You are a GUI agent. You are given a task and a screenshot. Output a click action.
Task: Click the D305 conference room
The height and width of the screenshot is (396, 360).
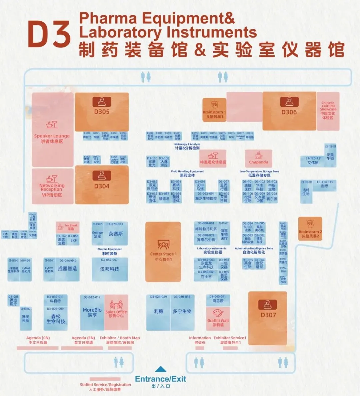[x=102, y=112]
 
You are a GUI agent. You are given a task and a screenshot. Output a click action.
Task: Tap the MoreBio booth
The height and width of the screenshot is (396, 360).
[x=92, y=312]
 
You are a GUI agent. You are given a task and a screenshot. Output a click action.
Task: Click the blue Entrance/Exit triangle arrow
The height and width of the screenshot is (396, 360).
[x=161, y=369]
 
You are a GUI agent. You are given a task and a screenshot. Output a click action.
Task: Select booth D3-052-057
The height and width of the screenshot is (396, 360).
[x=109, y=269]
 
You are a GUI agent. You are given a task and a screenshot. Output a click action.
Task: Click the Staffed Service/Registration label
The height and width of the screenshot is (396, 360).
[x=105, y=385]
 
